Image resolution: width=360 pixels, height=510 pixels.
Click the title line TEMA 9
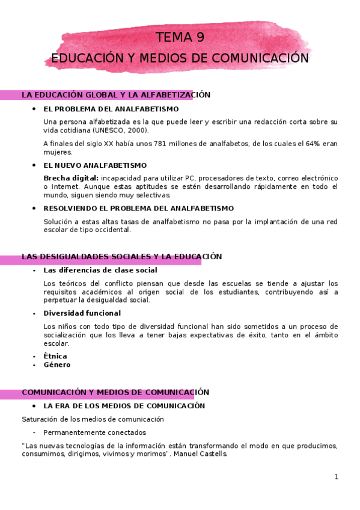tap(180, 37)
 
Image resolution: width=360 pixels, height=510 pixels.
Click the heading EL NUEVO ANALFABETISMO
tap(95, 165)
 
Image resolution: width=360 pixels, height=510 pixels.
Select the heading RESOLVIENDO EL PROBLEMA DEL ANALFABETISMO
tap(139, 209)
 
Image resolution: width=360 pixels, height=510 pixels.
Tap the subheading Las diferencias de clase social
tap(100, 271)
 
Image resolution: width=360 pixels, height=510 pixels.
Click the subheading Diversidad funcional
tap(82, 313)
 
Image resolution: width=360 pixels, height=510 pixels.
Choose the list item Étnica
tap(55, 356)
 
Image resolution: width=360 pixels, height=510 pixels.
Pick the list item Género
tap(57, 364)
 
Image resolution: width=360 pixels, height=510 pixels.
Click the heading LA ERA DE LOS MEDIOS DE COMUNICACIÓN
tap(124, 406)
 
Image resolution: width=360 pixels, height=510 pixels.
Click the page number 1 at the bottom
tap(337, 477)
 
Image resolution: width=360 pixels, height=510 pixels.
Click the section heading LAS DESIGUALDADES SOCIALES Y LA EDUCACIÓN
tap(122, 257)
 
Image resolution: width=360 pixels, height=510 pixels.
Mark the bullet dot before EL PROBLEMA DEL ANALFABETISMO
tap(34, 109)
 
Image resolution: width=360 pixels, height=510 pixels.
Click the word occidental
tap(112, 230)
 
